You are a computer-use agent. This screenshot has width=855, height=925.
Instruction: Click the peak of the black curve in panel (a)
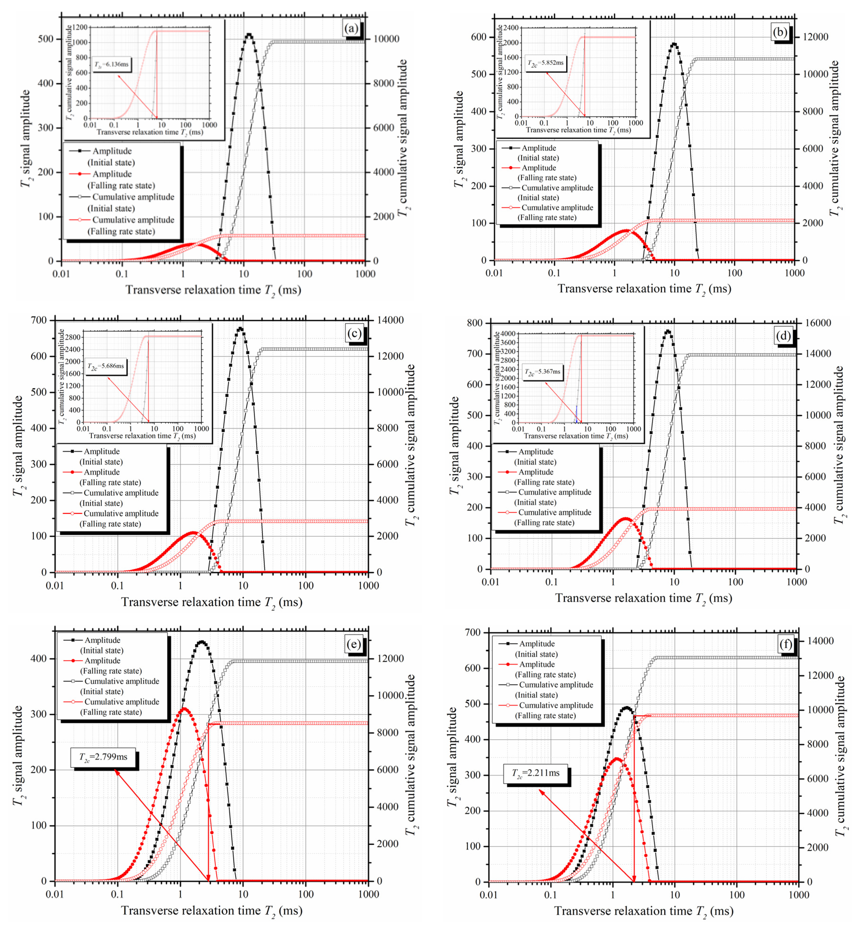[x=249, y=35]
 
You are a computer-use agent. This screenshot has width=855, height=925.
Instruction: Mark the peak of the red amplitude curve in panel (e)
[x=184, y=709]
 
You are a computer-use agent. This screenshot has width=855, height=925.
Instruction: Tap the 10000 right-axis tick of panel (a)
[x=386, y=39]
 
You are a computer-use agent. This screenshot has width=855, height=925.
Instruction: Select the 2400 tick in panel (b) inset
[x=511, y=28]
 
